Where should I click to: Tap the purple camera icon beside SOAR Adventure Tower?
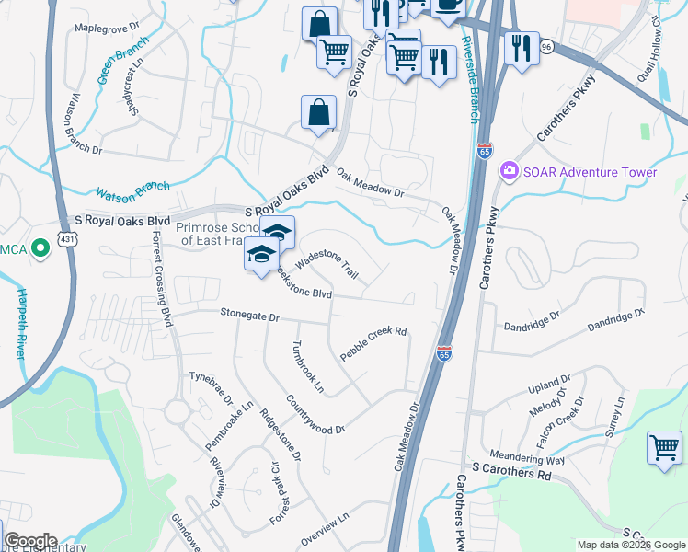508,172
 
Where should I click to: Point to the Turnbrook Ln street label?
307,368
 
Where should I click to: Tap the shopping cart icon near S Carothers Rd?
664,448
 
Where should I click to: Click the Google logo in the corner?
30,541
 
